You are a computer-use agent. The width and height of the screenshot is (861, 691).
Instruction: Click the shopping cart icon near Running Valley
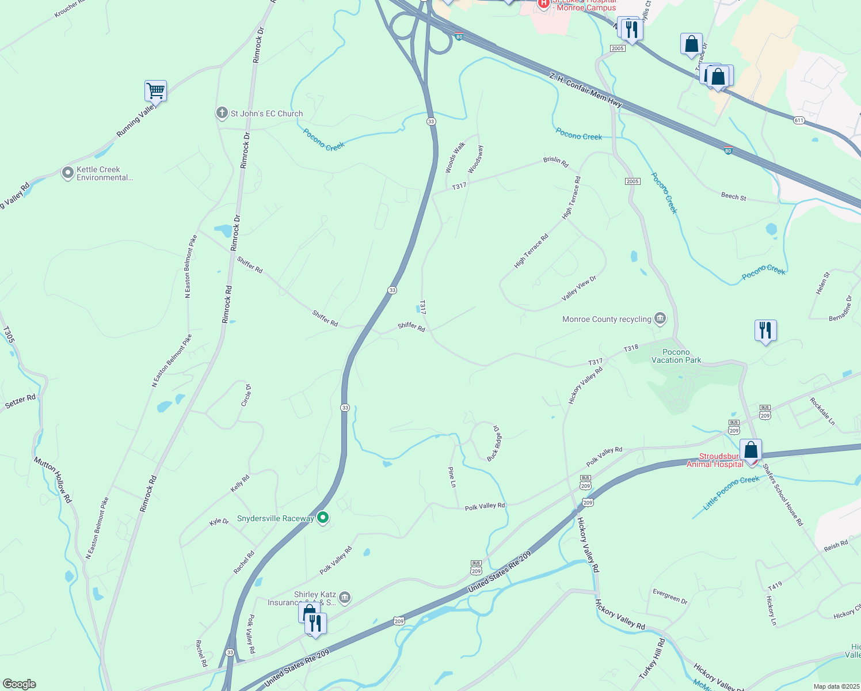point(155,90)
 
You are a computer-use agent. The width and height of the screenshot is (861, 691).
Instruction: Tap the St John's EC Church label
point(266,113)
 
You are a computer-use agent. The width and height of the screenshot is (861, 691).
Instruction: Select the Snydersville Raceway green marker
point(323,518)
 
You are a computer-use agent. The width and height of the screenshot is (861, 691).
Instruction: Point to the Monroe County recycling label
point(607,319)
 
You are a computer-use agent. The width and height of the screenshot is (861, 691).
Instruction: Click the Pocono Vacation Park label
point(676,356)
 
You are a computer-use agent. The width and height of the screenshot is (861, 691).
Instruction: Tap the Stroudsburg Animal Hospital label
point(715,460)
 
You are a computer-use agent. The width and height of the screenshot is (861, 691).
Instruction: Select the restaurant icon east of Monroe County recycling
point(765,331)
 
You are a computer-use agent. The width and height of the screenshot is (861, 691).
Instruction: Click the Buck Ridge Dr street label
point(494,443)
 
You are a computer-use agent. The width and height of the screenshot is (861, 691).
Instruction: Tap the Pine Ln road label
point(452,477)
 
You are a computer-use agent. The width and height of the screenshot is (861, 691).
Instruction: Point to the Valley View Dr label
point(579,288)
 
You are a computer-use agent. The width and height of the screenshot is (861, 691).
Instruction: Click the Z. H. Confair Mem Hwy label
point(585,90)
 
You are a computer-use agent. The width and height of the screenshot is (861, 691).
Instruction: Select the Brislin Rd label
point(556,162)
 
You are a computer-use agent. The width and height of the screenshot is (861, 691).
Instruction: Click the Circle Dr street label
point(246,396)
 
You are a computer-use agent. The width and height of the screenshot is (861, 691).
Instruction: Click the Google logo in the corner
point(19,684)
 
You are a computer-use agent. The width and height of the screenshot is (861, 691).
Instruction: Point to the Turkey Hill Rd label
point(652,658)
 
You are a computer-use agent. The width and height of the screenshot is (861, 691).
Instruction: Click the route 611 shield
point(798,120)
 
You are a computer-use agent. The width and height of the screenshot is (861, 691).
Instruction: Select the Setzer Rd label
point(20,401)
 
